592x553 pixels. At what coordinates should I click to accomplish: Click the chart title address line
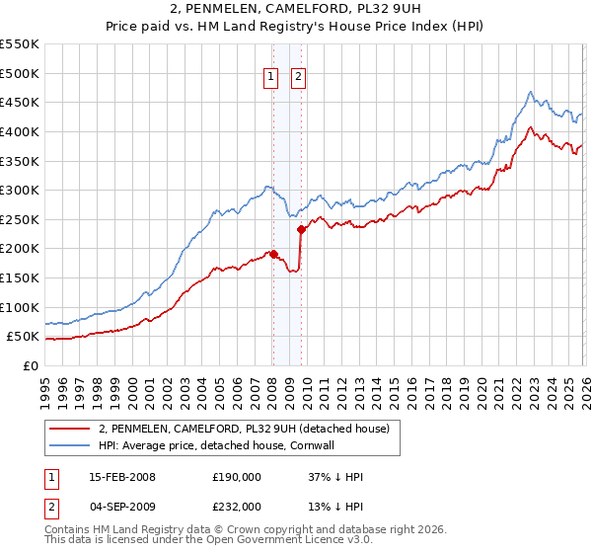pyautogui.click(x=296, y=9)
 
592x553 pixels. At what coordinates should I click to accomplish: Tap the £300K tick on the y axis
pyautogui.click(x=20, y=190)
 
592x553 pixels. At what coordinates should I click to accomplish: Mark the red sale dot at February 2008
pyautogui.click(x=273, y=254)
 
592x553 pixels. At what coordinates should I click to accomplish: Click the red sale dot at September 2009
pyautogui.click(x=301, y=229)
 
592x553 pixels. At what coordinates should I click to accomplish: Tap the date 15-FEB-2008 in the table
pyautogui.click(x=121, y=477)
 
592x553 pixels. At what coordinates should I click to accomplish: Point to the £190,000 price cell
pyautogui.click(x=237, y=477)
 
